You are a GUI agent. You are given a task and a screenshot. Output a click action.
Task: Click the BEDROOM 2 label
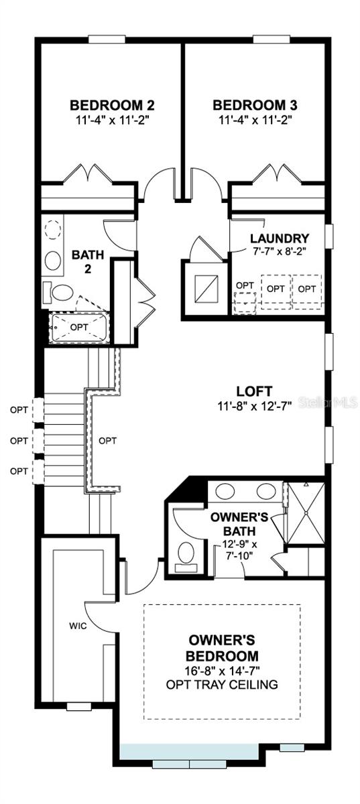click(x=113, y=105)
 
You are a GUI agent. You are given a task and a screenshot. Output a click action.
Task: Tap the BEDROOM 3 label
click(x=255, y=105)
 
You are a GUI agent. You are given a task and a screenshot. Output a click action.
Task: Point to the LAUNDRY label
click(x=280, y=239)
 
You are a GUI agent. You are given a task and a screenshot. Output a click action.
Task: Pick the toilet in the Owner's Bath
click(x=186, y=553)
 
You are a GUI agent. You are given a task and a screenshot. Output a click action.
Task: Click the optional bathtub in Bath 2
click(x=80, y=327)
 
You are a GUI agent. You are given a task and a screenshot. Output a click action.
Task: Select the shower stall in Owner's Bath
click(x=304, y=513)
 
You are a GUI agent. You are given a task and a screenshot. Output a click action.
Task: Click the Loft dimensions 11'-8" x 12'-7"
click(x=254, y=406)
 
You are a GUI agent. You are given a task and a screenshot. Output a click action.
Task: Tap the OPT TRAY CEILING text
click(x=222, y=684)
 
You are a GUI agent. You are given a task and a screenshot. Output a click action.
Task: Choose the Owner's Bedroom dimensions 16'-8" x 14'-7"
click(x=222, y=670)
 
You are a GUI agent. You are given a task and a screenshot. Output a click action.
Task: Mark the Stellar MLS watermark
click(x=328, y=403)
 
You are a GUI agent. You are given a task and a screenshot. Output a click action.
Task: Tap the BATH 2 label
click(x=85, y=261)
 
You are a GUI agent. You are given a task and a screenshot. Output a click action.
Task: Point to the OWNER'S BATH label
click(x=239, y=523)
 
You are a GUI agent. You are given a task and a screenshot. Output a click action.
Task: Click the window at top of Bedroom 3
click(x=272, y=39)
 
